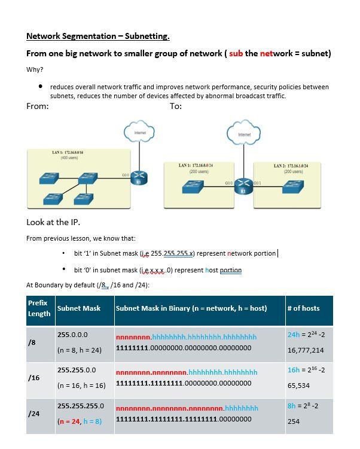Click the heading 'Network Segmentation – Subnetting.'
(x=98, y=36)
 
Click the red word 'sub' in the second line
(x=236, y=53)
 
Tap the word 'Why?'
(x=35, y=69)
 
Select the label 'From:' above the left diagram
(x=38, y=106)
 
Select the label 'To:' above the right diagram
(x=175, y=106)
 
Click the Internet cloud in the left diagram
(x=139, y=132)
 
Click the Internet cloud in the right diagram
(x=244, y=134)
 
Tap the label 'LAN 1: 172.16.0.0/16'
(x=68, y=153)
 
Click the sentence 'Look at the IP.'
(x=53, y=222)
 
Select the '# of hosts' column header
(x=303, y=308)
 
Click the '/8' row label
(x=32, y=342)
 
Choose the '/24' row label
(x=33, y=414)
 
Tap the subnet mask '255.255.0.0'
(x=77, y=370)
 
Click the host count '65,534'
(x=298, y=386)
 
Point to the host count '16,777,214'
(x=306, y=350)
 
